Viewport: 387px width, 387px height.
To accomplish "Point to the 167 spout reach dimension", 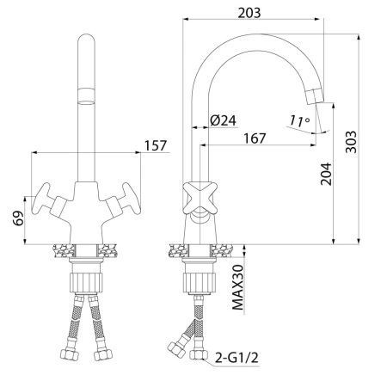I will pyautogui.click(x=254, y=138).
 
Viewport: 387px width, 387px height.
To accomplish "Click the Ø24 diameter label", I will pyautogui.click(x=224, y=120).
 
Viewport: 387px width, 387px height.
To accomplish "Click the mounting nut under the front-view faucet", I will pyautogui.click(x=87, y=280).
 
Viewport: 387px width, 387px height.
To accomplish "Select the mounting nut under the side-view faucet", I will pyautogui.click(x=197, y=280).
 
